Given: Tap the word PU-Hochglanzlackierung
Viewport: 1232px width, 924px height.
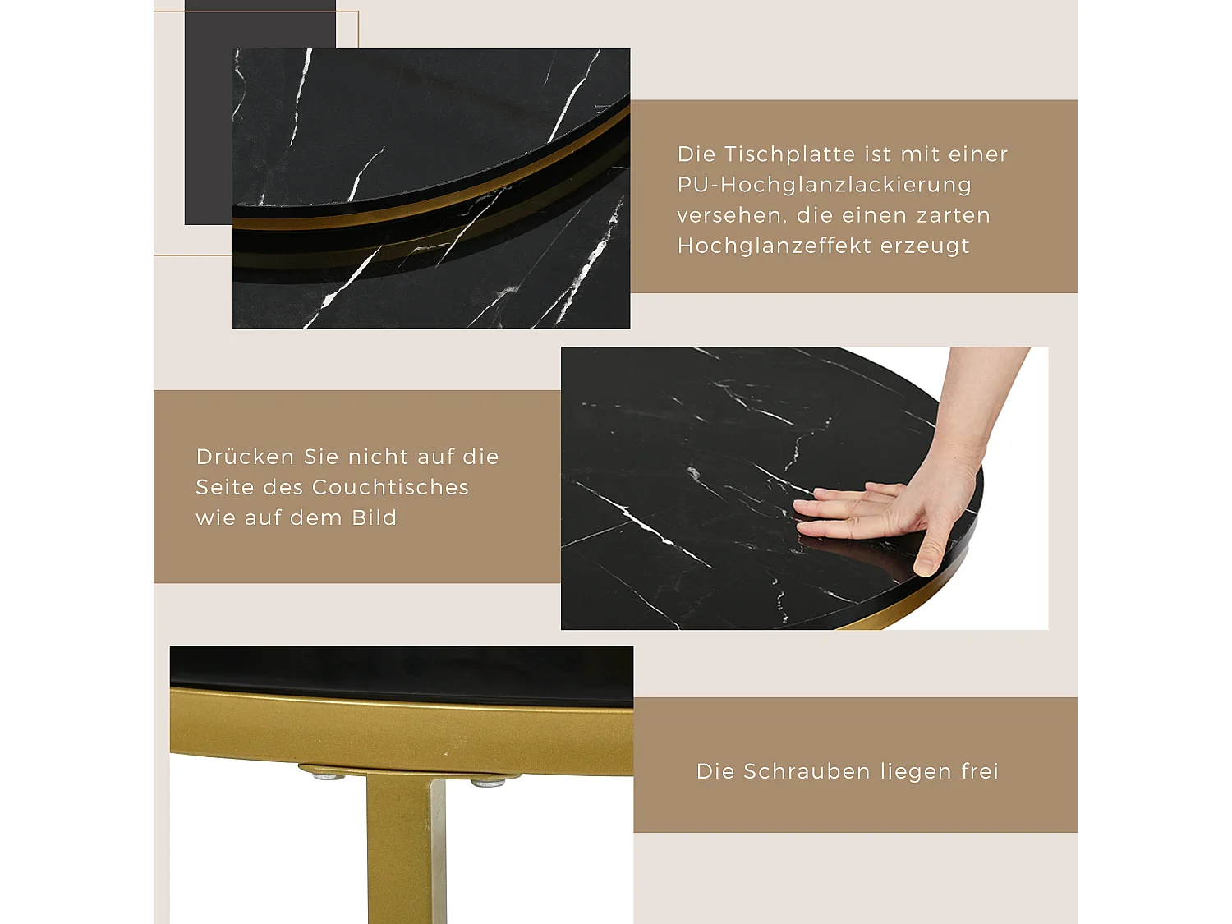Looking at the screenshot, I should [824, 185].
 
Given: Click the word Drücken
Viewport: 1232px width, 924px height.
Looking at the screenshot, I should [245, 457].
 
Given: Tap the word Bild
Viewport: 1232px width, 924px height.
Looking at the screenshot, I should [374, 517].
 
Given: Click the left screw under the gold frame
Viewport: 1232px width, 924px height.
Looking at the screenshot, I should [329, 775].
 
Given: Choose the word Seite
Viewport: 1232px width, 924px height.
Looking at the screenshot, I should [224, 487].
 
